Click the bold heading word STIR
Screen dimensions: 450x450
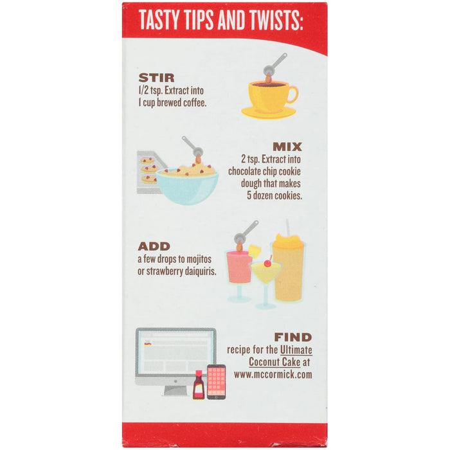156,78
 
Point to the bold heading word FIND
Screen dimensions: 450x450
292,337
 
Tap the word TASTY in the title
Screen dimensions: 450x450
161,21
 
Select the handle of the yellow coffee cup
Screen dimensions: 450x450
292,94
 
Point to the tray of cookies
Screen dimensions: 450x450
148,170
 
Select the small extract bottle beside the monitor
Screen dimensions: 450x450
199,386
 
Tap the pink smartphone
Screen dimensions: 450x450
216,382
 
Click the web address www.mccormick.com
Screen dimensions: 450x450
273,373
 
